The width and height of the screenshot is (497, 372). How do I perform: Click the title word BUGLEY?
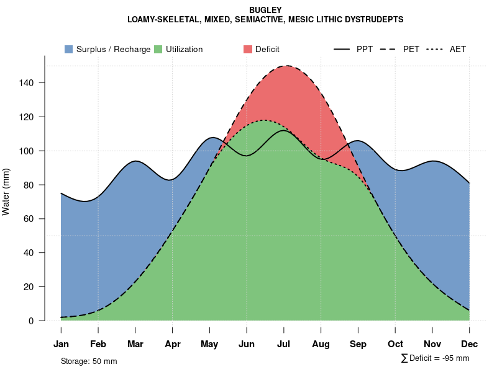tap(265, 10)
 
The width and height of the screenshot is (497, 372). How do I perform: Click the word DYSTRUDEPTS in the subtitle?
tap(375, 20)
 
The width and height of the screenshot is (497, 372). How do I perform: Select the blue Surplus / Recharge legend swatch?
tap(69, 49)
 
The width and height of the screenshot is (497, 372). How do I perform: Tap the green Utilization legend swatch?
tap(158, 49)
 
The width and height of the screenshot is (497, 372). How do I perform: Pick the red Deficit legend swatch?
tap(248, 49)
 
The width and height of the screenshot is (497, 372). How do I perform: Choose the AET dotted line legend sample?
tap(435, 49)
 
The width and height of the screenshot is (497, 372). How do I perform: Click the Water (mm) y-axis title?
tap(6, 192)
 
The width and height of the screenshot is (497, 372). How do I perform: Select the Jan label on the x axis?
tap(61, 344)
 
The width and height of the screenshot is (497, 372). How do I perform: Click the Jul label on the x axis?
tap(284, 344)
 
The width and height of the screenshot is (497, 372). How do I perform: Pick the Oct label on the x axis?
tap(395, 344)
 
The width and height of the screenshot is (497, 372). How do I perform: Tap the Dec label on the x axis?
tap(470, 344)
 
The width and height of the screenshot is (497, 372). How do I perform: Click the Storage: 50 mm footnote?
tap(89, 361)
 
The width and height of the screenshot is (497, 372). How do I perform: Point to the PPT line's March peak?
tap(135, 161)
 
